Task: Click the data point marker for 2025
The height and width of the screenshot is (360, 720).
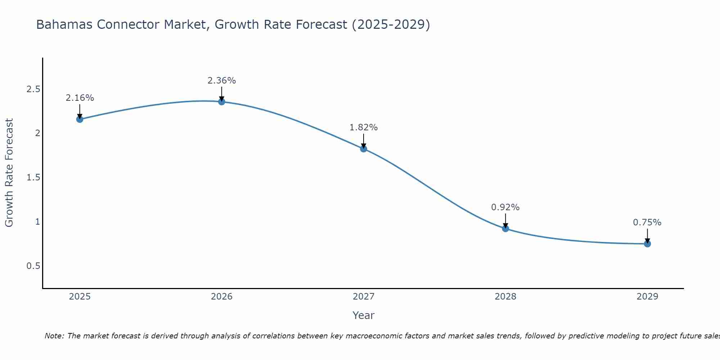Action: pyautogui.click(x=80, y=119)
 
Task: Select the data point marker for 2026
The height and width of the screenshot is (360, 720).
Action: pyautogui.click(x=222, y=102)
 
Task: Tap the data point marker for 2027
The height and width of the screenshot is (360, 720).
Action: pyautogui.click(x=364, y=149)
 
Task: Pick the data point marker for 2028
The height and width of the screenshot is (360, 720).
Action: pyautogui.click(x=505, y=228)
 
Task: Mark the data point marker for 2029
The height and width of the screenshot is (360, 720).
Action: pyautogui.click(x=647, y=244)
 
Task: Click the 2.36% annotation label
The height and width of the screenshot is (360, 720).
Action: pyautogui.click(x=222, y=81)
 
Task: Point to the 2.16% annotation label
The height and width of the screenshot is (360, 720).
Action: pyautogui.click(x=80, y=98)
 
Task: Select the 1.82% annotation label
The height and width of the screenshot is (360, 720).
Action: pyautogui.click(x=364, y=127)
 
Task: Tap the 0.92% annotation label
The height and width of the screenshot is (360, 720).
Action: pyautogui.click(x=505, y=207)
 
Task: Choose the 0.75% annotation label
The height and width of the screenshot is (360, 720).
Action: pyautogui.click(x=647, y=222)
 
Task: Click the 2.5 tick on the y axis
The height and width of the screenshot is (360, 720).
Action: pyautogui.click(x=33, y=89)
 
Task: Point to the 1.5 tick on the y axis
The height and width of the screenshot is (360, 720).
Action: pyautogui.click(x=33, y=177)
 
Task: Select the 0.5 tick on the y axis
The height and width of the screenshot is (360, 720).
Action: pyautogui.click(x=33, y=266)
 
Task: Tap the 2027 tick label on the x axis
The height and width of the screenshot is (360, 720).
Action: pyautogui.click(x=364, y=297)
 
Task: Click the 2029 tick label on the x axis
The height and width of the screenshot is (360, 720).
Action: pyautogui.click(x=647, y=297)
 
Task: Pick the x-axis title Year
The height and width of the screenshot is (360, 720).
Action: pyautogui.click(x=364, y=315)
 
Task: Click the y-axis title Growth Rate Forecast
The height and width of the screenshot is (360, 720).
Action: pyautogui.click(x=9, y=173)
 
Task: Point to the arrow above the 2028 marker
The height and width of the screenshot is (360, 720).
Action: pyautogui.click(x=505, y=220)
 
